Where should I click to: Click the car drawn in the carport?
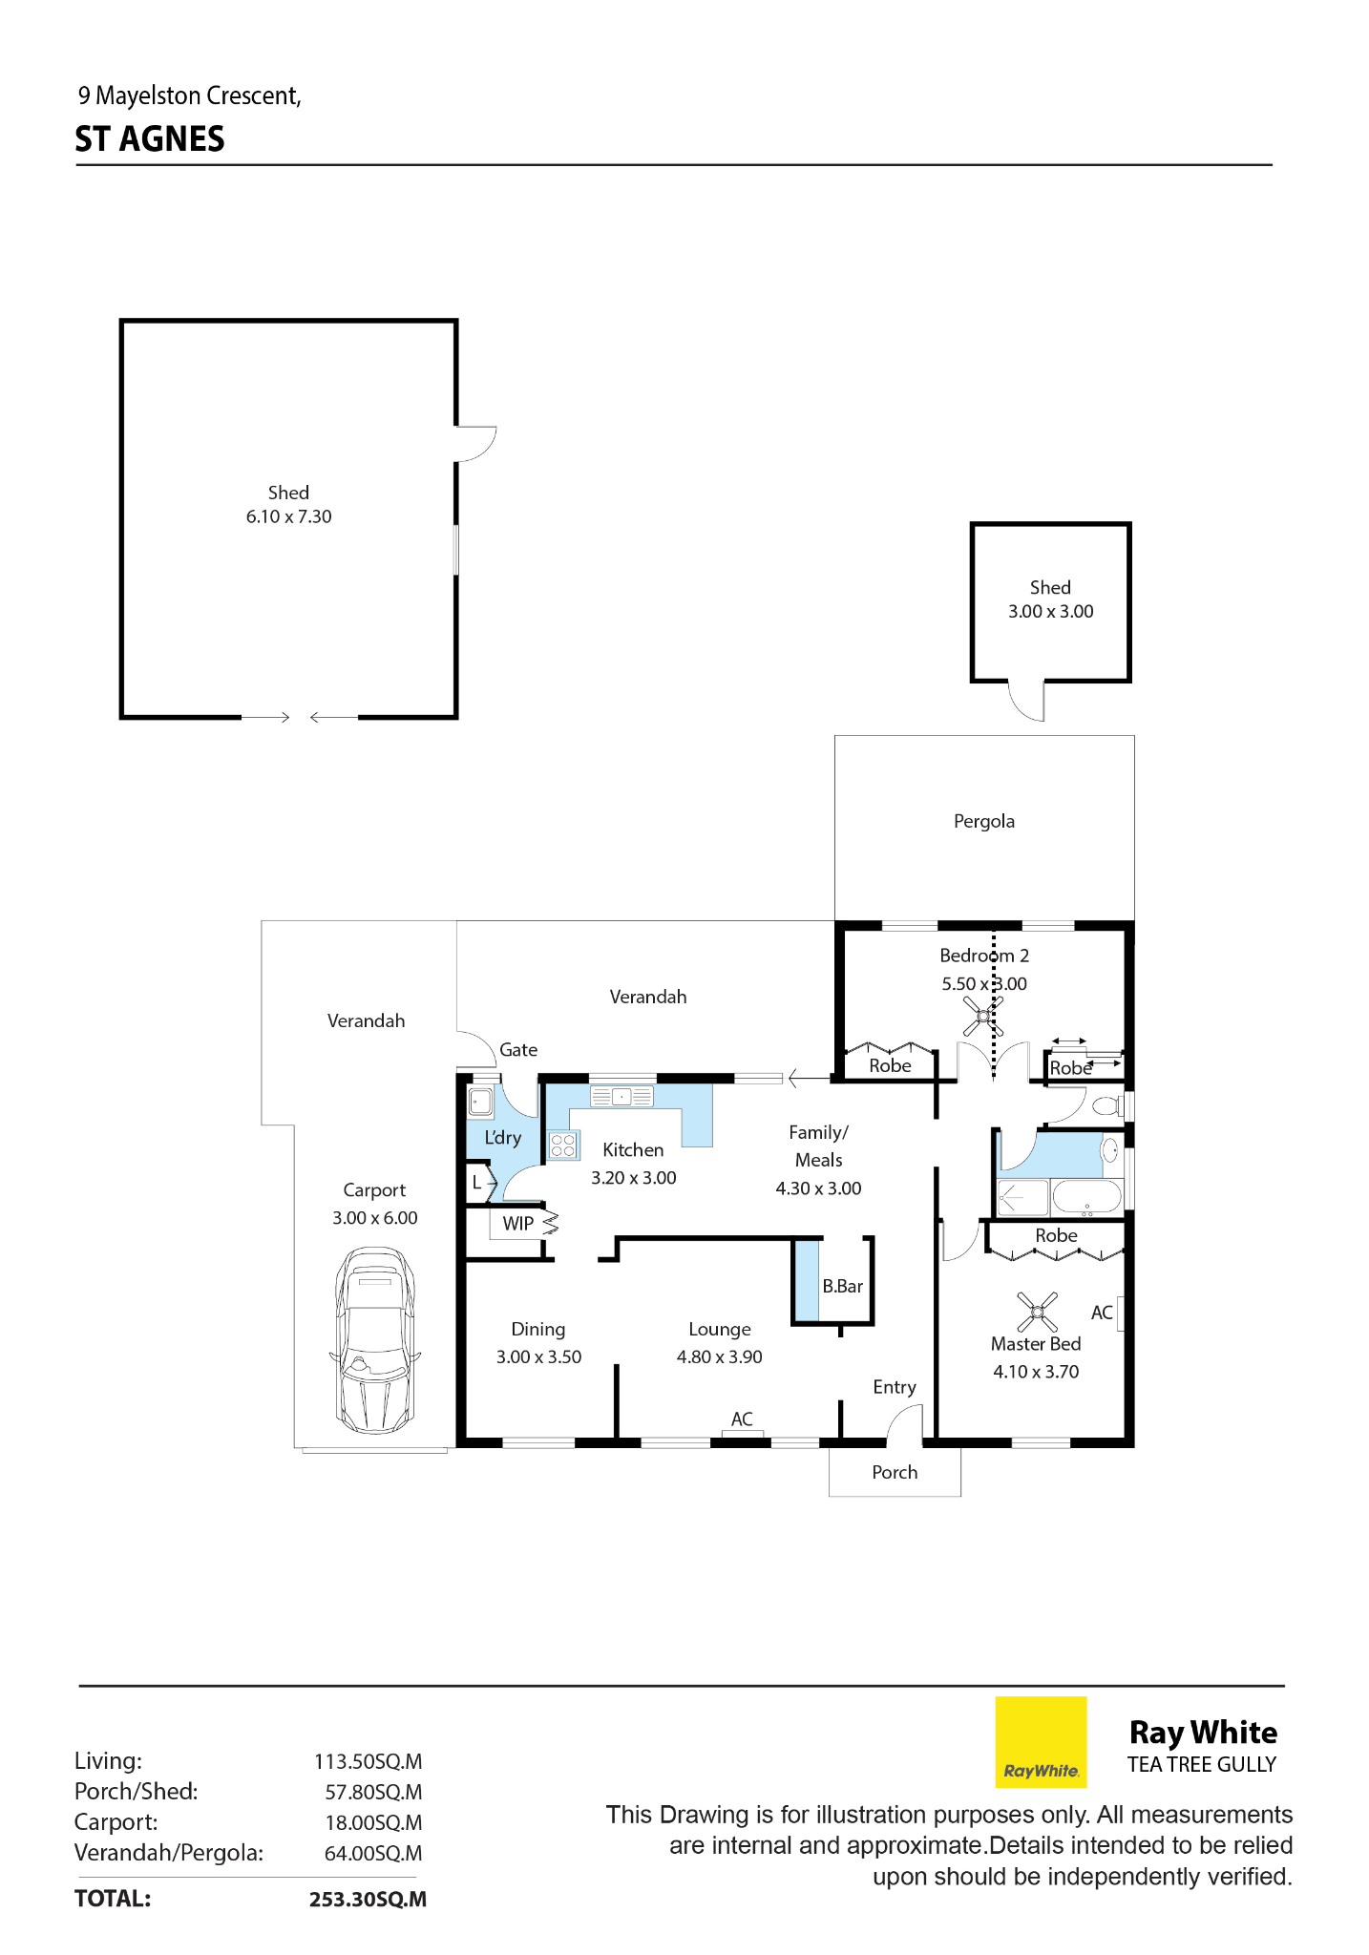375,1339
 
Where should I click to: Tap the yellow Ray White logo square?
1041,1741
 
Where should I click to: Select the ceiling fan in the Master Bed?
1037,1312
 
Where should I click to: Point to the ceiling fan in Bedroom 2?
982,1016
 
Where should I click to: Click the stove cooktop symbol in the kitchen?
563,1145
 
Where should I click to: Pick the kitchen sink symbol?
621,1097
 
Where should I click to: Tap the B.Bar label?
842,1286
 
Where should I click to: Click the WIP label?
518,1223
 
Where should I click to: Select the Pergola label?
984,821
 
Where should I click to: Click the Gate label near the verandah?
518,1049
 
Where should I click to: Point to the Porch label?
895,1472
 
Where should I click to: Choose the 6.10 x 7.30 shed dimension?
289,516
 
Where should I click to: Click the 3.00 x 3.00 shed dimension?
1051,611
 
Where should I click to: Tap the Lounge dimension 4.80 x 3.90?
720,1356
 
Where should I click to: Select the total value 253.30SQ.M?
368,1899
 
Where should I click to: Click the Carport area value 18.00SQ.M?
373,1822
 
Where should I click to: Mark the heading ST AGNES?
150,139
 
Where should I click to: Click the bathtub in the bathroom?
1086,1196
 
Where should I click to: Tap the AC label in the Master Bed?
1102,1313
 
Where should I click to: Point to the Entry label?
895,1387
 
